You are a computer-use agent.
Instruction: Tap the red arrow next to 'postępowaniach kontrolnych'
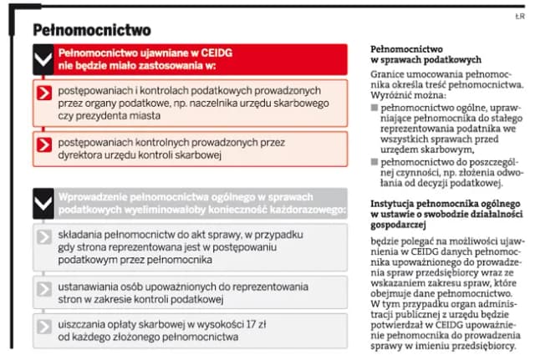(x=45, y=147)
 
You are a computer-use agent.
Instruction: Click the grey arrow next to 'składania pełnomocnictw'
(x=45, y=238)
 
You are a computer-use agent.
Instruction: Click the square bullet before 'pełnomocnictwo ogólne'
(x=374, y=109)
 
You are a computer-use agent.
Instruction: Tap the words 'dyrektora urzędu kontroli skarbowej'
(x=137, y=154)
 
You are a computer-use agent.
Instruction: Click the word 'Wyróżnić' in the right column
(x=392, y=96)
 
